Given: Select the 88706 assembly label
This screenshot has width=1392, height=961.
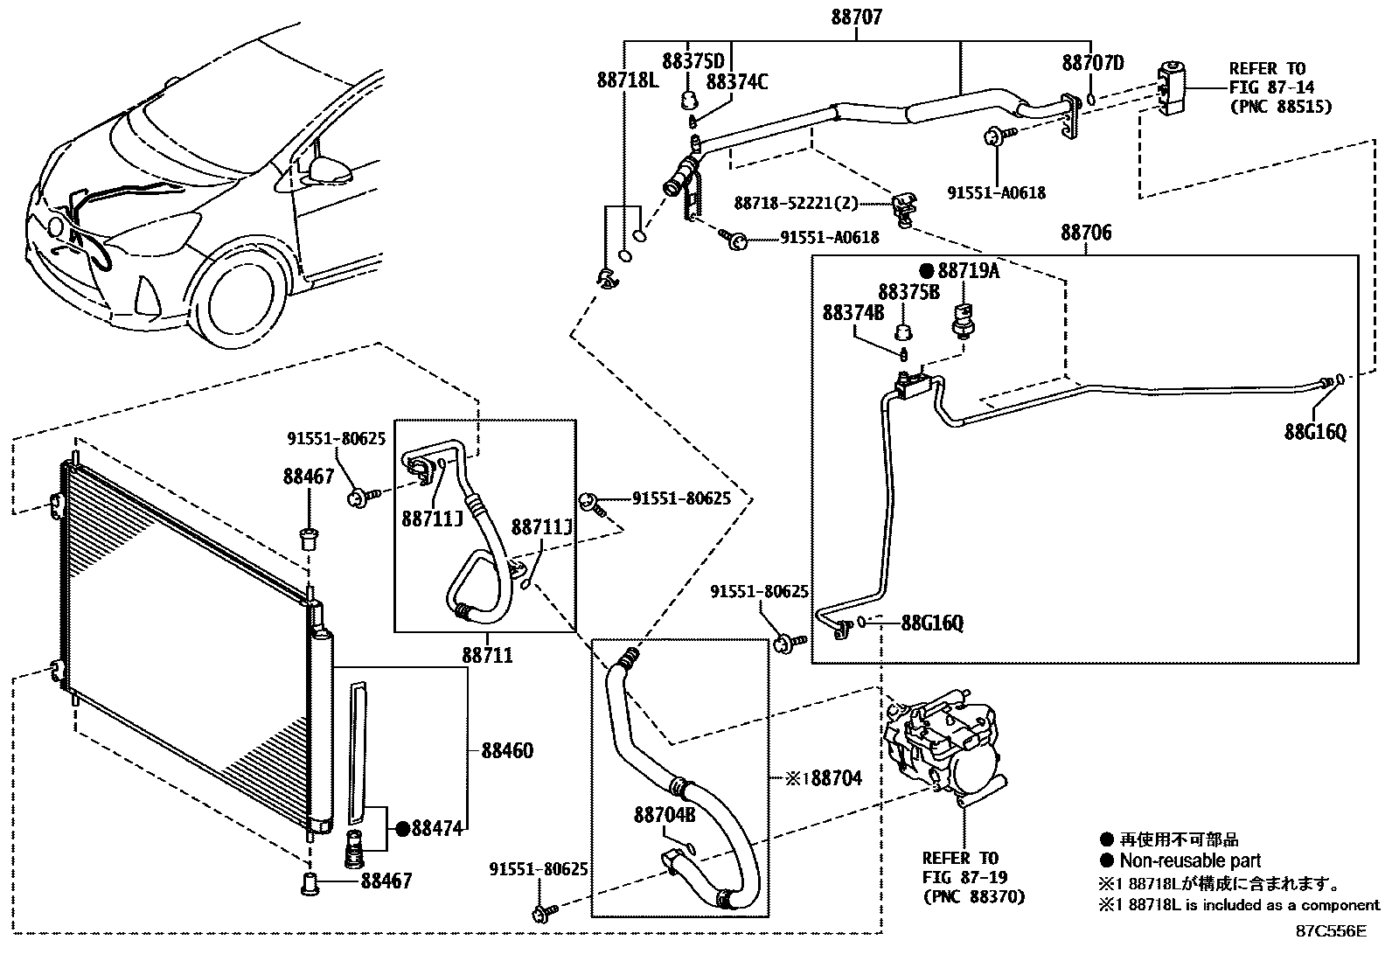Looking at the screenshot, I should coord(1086,233).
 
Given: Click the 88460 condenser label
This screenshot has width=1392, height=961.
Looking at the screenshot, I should coord(506,750).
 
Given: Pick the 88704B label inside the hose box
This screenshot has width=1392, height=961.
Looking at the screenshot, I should coord(664,815).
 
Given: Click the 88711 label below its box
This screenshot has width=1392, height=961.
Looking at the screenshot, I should coord(487,655).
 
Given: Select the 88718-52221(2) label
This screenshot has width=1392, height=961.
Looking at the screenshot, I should coord(795,203).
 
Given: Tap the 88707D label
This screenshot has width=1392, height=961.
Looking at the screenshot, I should coord(1092,63).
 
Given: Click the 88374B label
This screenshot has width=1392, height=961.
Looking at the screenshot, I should coord(853,312).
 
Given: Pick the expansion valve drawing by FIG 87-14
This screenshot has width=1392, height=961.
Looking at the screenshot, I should coord(1171,88).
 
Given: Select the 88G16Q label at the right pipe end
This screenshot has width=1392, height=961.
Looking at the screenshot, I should coord(1314,431).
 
